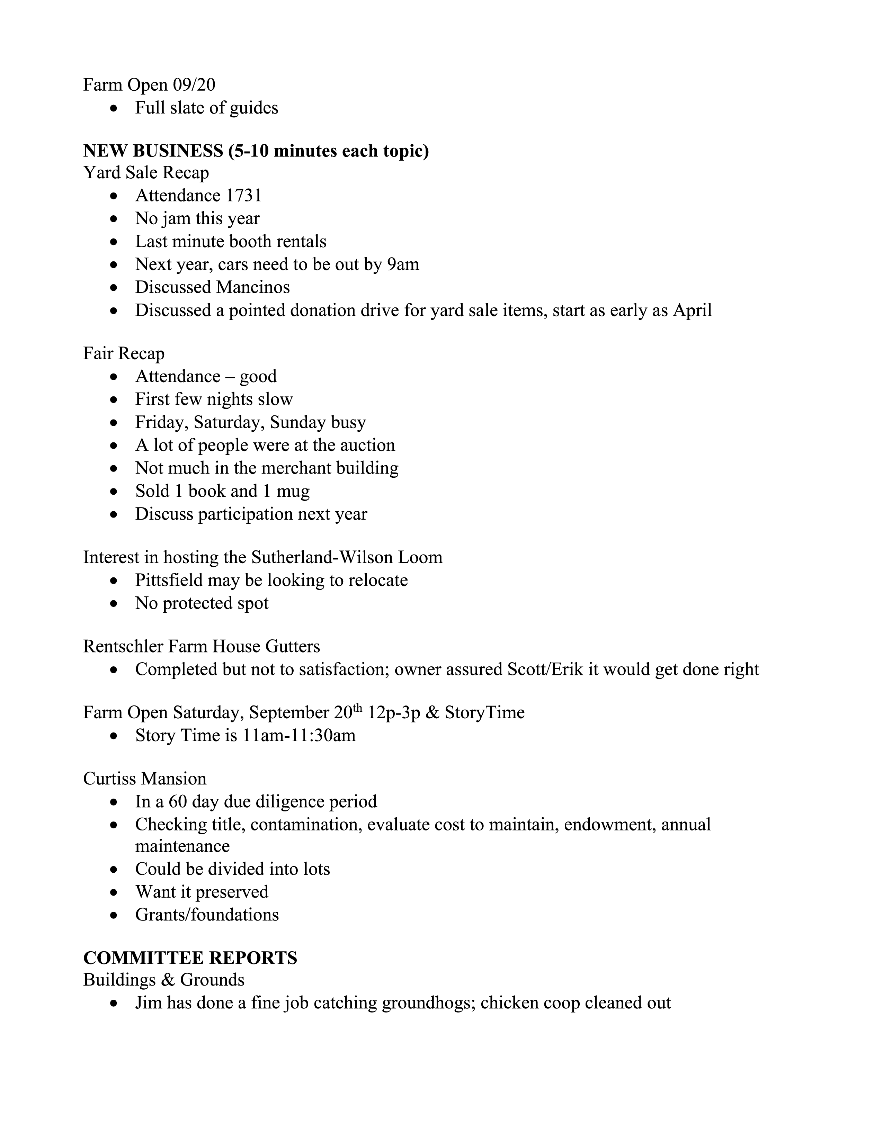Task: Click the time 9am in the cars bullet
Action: (403, 264)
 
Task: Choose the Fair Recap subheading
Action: (124, 353)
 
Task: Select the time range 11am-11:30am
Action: (299, 735)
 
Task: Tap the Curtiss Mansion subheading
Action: (145, 779)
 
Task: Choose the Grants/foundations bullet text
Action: (207, 915)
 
